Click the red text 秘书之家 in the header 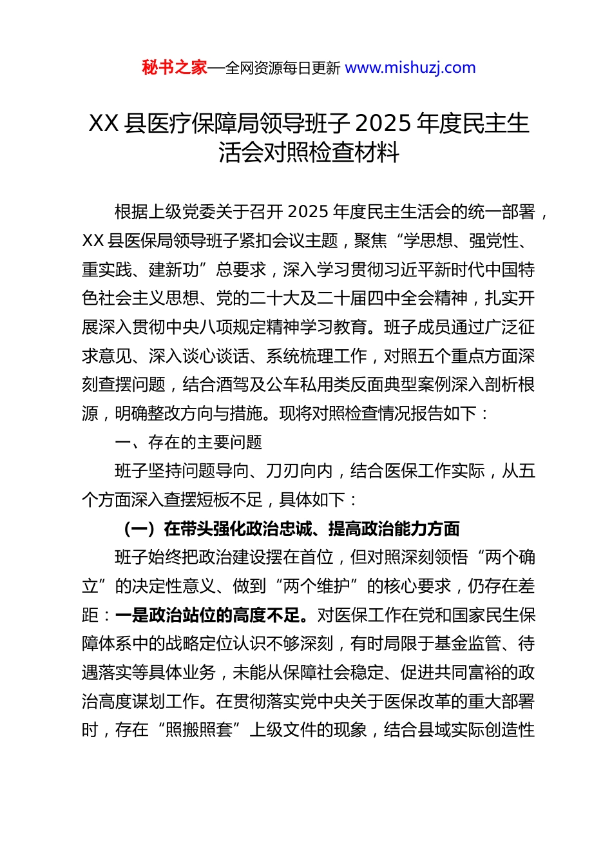pyautogui.click(x=175, y=68)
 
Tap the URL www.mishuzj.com pyautogui.click(x=410, y=68)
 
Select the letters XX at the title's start pyautogui.click(x=104, y=123)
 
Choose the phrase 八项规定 pyautogui.click(x=232, y=327)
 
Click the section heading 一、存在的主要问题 pyautogui.click(x=188, y=443)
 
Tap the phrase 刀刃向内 pyautogui.click(x=299, y=471)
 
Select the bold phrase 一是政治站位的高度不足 pyautogui.click(x=207, y=615)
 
